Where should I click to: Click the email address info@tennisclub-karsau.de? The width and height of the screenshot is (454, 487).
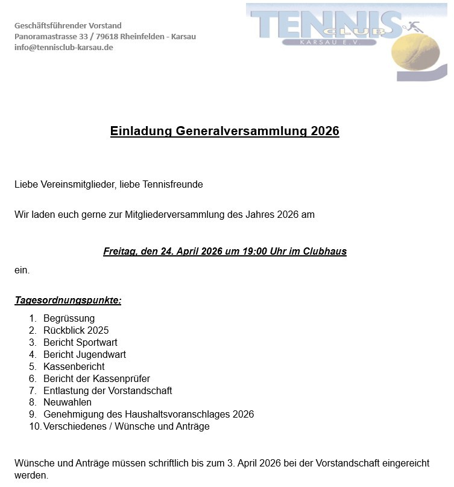click(x=63, y=48)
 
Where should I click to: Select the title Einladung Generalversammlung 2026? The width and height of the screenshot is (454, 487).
click(x=224, y=132)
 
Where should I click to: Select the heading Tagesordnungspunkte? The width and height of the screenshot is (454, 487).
click(x=68, y=301)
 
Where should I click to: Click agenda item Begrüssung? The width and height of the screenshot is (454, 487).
click(x=69, y=319)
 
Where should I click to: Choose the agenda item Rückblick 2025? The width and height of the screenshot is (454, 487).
click(x=76, y=331)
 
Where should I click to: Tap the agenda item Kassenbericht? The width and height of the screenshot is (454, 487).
click(x=74, y=367)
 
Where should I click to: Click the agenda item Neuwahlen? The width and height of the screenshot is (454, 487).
click(x=68, y=403)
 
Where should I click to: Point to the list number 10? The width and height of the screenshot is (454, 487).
click(x=34, y=427)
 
